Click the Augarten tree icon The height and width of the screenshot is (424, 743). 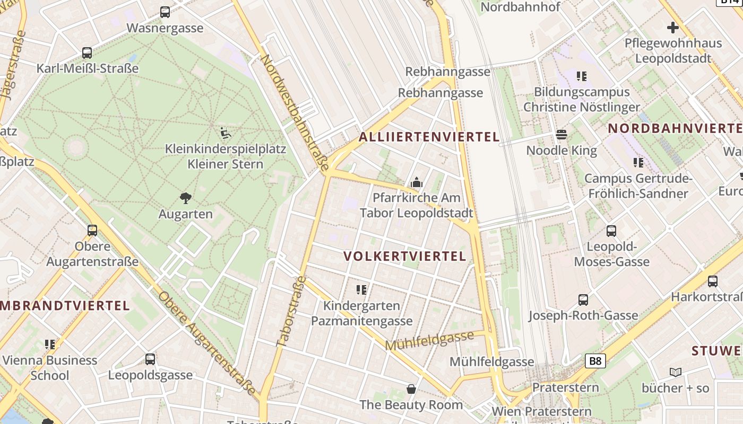(x=186, y=198)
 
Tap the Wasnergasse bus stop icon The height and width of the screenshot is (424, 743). (x=165, y=12)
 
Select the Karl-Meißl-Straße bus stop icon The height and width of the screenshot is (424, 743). (x=87, y=53)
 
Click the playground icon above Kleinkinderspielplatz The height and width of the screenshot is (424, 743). (x=226, y=132)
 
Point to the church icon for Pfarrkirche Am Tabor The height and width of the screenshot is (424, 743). (x=417, y=183)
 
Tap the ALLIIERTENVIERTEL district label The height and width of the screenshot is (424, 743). (x=429, y=137)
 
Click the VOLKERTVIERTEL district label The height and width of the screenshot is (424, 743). (x=404, y=257)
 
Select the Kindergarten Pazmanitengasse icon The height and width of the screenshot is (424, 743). (x=361, y=289)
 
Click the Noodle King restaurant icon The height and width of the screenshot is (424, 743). (x=561, y=135)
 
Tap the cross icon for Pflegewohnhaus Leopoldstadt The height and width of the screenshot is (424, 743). (x=673, y=27)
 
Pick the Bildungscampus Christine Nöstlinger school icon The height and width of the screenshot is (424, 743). (x=582, y=76)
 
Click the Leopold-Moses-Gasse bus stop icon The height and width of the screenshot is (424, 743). (x=611, y=231)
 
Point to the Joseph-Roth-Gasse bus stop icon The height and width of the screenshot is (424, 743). (x=583, y=299)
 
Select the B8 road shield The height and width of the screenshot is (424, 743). (x=595, y=361)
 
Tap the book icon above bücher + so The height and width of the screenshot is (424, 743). (x=675, y=372)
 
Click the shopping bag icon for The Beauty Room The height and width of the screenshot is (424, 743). (x=411, y=389)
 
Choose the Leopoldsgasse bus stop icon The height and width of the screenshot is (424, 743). (x=150, y=359)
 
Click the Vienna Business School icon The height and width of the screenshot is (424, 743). (x=50, y=344)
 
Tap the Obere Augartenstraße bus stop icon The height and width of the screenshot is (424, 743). (x=92, y=230)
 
